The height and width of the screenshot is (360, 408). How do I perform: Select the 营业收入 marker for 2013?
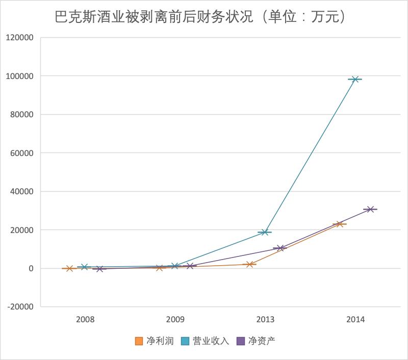coord(265,232)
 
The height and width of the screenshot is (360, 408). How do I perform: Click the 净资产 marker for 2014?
coord(371,209)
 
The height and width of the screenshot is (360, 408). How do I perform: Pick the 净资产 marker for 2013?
coord(280,248)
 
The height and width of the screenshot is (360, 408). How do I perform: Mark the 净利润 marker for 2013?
coord(250,264)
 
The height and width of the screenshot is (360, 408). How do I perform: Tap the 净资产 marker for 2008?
coord(100,269)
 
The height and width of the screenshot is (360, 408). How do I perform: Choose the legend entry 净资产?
coord(257,341)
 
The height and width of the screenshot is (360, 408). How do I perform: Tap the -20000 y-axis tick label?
coord(19,307)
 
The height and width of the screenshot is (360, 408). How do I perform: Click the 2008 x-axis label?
coord(85,320)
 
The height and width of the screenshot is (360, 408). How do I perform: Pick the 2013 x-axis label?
coord(265,320)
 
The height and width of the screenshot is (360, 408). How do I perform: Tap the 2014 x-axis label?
coord(355,320)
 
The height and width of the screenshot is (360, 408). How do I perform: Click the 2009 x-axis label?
coord(175,320)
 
